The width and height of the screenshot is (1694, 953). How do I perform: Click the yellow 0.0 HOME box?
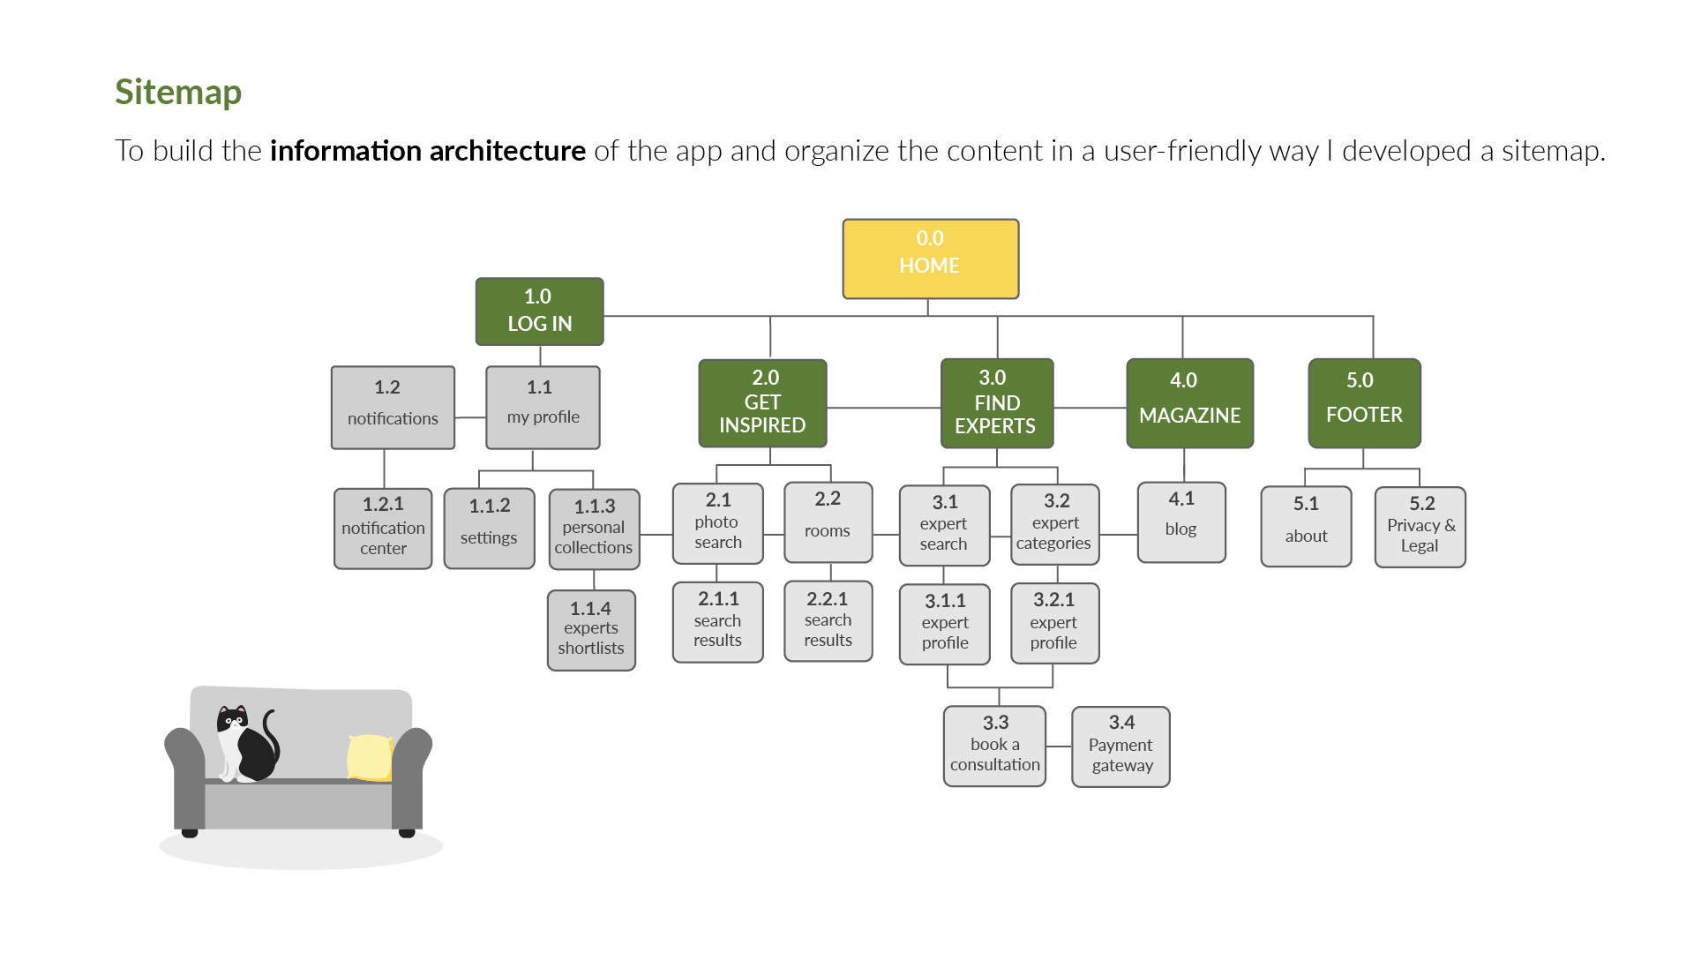tap(930, 259)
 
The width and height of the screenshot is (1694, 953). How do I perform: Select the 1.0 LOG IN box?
tap(539, 311)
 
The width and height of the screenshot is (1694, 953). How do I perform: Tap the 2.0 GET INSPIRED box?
tap(762, 402)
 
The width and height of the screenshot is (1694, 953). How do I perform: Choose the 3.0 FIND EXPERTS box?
tap(996, 403)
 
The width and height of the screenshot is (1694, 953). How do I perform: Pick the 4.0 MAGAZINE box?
tap(1189, 403)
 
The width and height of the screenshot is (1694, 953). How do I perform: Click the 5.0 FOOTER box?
tap(1364, 403)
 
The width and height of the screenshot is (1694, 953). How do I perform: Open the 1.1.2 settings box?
tap(489, 529)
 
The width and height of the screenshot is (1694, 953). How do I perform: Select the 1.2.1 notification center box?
tap(383, 529)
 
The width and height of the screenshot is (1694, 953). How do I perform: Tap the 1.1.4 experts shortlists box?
tap(591, 630)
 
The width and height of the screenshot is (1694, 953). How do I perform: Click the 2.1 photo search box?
tap(717, 523)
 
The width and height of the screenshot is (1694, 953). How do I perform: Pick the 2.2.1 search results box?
tap(828, 620)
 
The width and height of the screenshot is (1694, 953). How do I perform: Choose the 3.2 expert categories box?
tap(1054, 524)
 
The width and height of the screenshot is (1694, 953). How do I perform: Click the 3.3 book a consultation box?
tap(994, 746)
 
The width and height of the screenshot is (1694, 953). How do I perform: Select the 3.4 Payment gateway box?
tap(1121, 747)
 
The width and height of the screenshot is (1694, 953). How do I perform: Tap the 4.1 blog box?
tap(1181, 522)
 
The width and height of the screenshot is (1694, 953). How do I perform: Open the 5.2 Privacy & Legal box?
tap(1420, 527)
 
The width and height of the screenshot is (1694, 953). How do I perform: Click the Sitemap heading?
tap(178, 92)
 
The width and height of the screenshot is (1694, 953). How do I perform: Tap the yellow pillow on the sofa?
tap(370, 757)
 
